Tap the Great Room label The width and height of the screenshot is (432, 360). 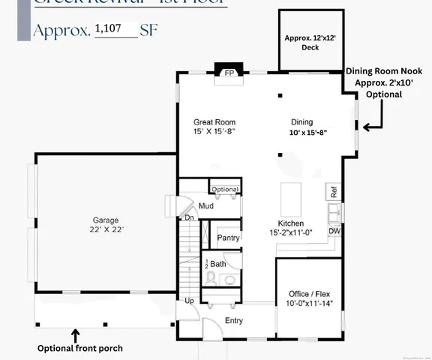[x=214, y=121]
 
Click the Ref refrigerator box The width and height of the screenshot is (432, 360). [x=333, y=193]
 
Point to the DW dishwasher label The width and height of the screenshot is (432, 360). [x=334, y=231]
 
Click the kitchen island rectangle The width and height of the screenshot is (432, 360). [x=291, y=196]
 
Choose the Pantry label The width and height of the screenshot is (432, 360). [x=228, y=238]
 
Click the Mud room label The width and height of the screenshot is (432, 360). [x=206, y=205]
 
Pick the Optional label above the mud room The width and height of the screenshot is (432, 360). [x=224, y=189]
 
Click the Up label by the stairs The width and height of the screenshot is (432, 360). [x=190, y=301]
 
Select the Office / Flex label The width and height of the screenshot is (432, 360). [x=309, y=293]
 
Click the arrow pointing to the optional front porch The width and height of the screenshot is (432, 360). [x=75, y=334]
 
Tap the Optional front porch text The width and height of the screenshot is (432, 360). [x=79, y=349]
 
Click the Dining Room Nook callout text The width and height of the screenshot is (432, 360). [x=384, y=82]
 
